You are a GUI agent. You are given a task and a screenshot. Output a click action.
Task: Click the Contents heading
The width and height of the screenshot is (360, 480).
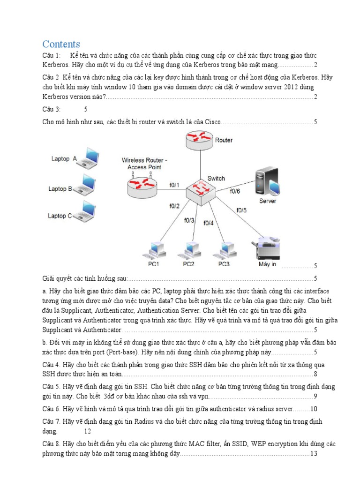click(x=61, y=44)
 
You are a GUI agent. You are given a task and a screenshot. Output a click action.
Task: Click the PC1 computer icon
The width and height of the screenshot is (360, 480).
click(x=155, y=251)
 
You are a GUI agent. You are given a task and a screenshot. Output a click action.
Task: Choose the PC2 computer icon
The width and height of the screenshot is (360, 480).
click(x=189, y=251)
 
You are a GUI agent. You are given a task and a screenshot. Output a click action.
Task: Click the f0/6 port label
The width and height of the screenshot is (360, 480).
click(x=235, y=191)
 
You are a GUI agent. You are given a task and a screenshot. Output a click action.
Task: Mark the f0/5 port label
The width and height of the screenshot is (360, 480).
click(x=241, y=210)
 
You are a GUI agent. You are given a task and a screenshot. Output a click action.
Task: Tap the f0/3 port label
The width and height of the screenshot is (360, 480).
click(x=189, y=220)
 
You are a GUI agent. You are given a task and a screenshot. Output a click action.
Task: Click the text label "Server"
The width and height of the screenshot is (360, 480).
click(x=268, y=201)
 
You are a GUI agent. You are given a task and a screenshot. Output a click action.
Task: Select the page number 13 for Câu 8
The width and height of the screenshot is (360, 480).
click(x=314, y=454)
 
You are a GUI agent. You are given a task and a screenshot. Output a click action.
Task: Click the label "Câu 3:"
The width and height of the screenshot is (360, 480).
click(x=51, y=109)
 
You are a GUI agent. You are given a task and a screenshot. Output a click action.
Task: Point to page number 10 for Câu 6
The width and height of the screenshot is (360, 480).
click(x=314, y=409)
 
